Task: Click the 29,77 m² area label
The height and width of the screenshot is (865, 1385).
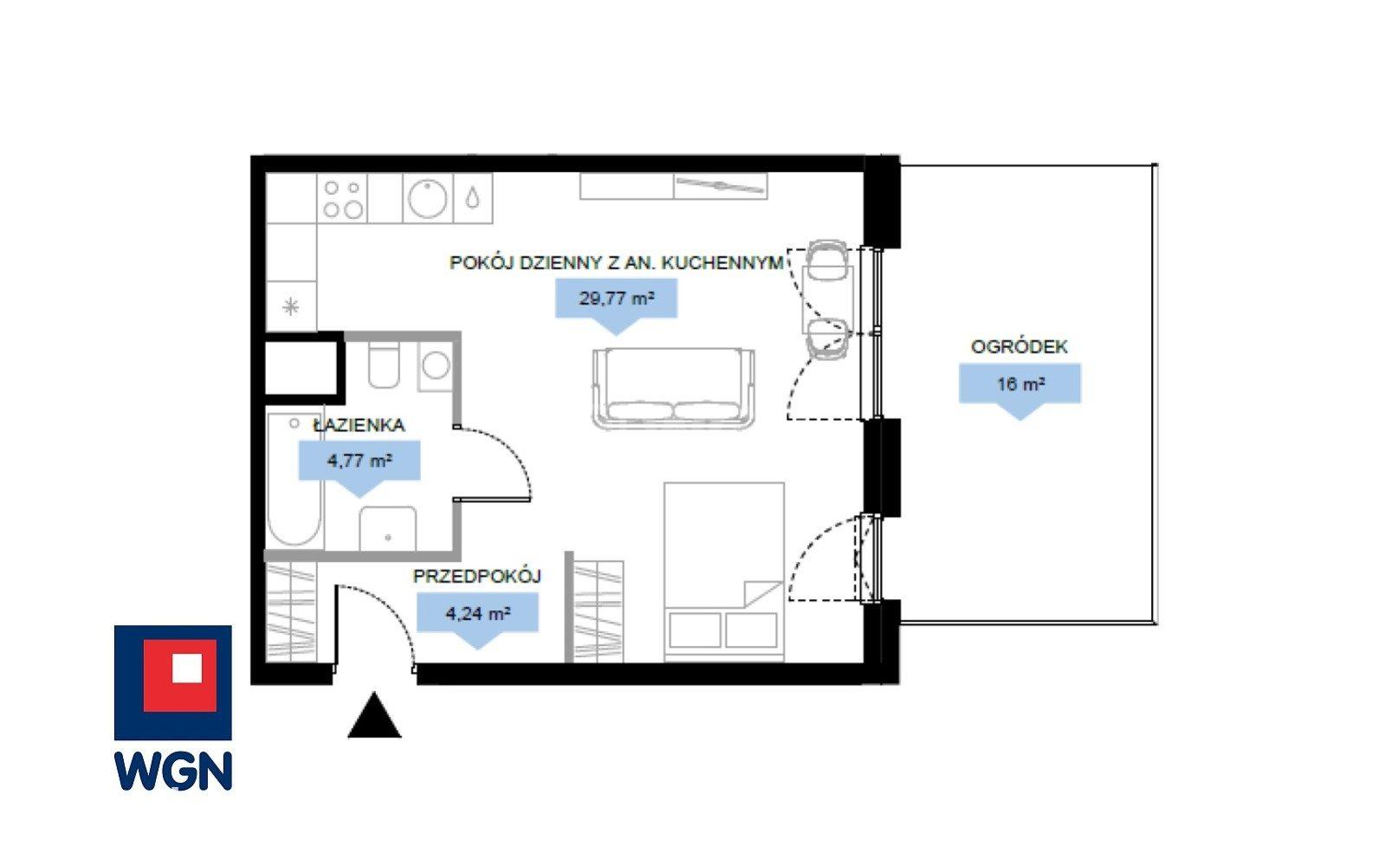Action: (617, 299)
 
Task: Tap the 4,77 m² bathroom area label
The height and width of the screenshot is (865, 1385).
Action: (359, 461)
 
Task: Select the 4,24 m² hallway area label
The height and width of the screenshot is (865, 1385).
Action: (477, 613)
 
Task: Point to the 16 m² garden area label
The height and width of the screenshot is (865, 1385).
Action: (1021, 384)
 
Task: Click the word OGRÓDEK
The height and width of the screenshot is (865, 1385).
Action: (1019, 346)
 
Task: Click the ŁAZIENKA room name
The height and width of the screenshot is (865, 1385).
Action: (359, 425)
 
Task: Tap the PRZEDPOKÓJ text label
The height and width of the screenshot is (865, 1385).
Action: (476, 577)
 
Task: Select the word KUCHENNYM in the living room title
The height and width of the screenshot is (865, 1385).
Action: (722, 262)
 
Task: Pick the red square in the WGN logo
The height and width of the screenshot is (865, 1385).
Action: (180, 675)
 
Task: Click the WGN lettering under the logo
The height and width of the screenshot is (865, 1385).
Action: (173, 771)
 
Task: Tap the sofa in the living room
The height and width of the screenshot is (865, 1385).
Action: (673, 388)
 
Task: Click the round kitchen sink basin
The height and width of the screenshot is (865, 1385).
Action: (427, 198)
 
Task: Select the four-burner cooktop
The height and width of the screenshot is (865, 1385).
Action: (342, 198)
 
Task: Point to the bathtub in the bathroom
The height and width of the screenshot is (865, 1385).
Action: (294, 480)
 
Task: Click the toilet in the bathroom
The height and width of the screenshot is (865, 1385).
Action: (384, 365)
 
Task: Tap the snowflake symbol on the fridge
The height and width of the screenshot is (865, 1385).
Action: (291, 306)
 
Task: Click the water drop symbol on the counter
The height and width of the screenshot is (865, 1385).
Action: (473, 198)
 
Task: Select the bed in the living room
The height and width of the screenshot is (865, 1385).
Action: (724, 572)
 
